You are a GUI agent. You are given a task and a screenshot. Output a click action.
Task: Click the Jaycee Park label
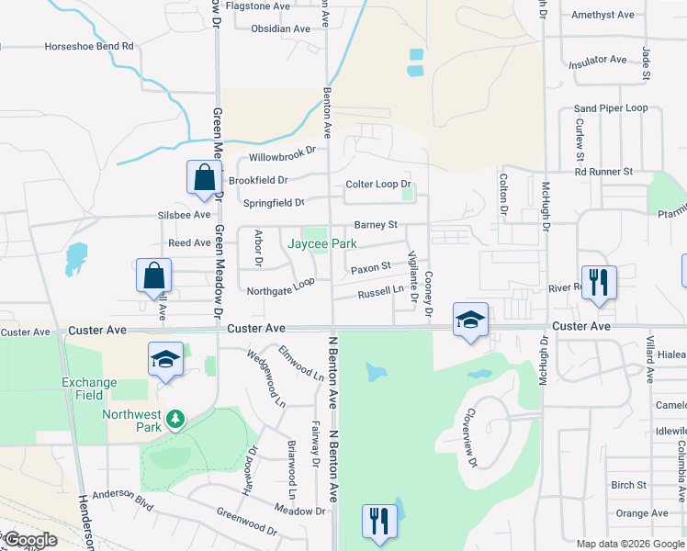coord(321,244)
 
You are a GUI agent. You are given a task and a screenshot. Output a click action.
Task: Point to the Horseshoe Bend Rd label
coord(89,46)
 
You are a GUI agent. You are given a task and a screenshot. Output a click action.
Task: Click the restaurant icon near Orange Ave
coord(377,521)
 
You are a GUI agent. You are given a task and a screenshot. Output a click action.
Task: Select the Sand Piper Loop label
coord(611,108)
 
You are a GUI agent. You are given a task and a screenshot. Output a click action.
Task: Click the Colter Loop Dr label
coord(377,185)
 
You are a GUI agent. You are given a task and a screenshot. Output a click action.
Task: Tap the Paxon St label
coord(371,268)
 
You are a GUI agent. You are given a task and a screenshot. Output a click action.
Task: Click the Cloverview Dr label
coord(471,436)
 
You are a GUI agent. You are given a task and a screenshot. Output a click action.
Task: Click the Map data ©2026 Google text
coord(629,544)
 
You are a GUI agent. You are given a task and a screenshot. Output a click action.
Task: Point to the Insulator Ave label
coord(597,62)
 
